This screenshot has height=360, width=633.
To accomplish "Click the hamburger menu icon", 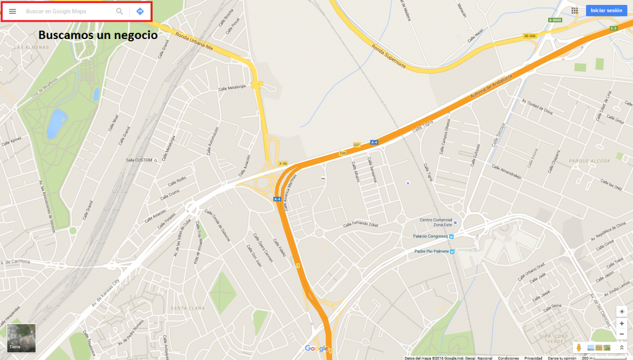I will [12, 11].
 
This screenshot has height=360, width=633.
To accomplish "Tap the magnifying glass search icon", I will [119, 11].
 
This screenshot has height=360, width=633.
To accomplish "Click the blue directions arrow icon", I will [140, 11].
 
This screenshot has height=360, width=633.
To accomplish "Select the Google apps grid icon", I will [574, 11].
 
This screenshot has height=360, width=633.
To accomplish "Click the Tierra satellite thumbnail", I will [22, 338].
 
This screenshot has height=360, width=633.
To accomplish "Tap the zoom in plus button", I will [622, 324].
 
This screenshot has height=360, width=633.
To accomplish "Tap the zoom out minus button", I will [622, 335].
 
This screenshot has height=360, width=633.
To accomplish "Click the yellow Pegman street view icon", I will [578, 348].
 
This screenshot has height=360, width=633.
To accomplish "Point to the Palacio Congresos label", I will [430, 236].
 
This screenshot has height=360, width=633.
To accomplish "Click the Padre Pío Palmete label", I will [431, 251].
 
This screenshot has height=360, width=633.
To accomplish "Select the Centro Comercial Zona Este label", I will [436, 222].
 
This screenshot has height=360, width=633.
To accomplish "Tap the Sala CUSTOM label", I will [139, 160].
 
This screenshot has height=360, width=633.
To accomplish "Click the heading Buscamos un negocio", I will [98, 35].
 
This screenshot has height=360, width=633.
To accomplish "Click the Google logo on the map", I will [316, 349].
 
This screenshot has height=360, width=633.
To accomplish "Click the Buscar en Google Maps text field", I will [68, 11].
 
